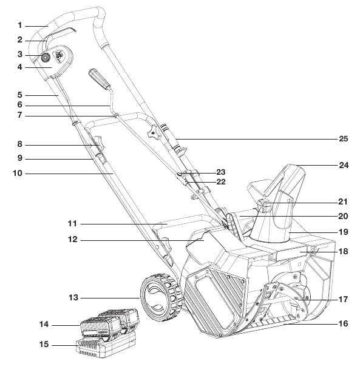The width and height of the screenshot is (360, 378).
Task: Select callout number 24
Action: [344, 164]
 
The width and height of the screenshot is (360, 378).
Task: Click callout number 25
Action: [344, 139]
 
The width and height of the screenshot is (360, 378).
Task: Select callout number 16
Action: [344, 324]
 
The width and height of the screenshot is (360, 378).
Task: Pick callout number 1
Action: [20, 25]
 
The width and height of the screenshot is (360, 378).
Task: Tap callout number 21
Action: [344, 203]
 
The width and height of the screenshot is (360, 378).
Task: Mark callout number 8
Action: [20, 145]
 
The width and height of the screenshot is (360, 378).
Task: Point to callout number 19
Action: [344, 232]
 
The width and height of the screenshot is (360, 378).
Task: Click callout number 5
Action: [20, 95]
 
